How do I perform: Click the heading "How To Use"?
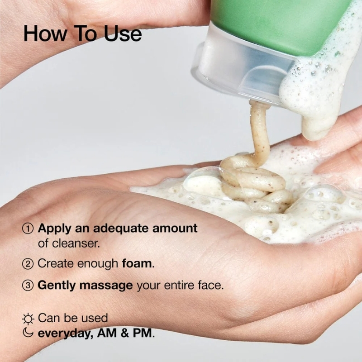tap(82, 33)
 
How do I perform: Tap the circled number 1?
tap(28, 227)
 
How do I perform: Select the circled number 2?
tap(28, 263)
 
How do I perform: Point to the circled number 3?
tap(28, 286)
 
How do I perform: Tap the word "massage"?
tap(110, 286)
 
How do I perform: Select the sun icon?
tap(28, 319)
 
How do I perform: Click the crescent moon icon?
tap(28, 334)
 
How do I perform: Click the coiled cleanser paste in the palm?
tap(253, 181)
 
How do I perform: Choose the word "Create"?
tap(54, 263)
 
